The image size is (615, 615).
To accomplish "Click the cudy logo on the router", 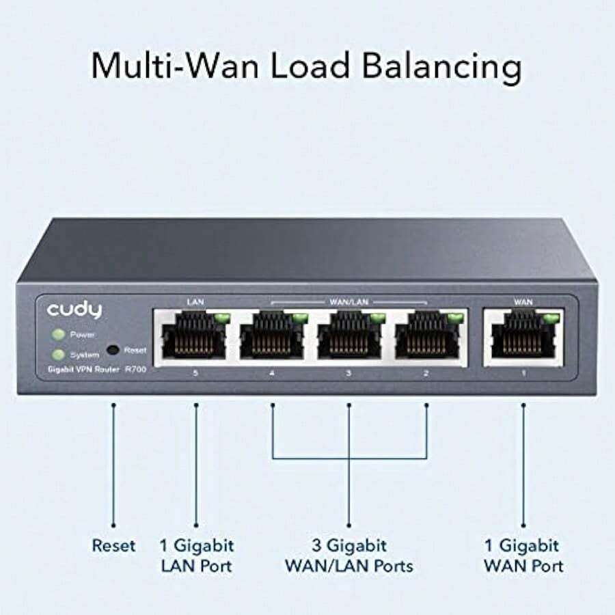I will (74, 310).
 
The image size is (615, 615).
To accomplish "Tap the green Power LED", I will (59, 335).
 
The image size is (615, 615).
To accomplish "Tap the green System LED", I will (59, 355).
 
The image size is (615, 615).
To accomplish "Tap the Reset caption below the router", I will (114, 546).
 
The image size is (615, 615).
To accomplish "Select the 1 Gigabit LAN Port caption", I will (196, 556).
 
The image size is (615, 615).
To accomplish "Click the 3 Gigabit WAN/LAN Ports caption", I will (349, 556).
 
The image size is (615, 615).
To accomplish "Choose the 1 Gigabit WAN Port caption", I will (523, 556).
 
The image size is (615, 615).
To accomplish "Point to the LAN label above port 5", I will (195, 301).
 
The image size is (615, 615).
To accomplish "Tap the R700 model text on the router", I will (135, 370).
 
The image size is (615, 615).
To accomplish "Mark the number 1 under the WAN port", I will (523, 374).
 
